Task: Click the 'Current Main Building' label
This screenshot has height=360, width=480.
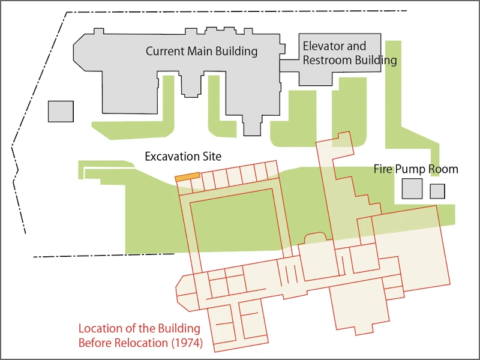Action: point(202,52)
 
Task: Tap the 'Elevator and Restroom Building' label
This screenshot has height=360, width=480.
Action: point(349,53)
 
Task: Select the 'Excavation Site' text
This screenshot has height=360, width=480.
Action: point(183,157)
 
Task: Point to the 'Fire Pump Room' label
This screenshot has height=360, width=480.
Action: point(416,169)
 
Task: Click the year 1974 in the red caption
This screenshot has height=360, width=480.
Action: point(187,344)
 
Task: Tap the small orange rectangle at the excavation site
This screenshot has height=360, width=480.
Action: point(187,177)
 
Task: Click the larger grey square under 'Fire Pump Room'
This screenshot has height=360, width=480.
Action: point(412,188)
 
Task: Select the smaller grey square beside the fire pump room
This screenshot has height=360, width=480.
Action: point(437,191)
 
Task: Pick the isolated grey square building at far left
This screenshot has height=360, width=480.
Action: point(61,112)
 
